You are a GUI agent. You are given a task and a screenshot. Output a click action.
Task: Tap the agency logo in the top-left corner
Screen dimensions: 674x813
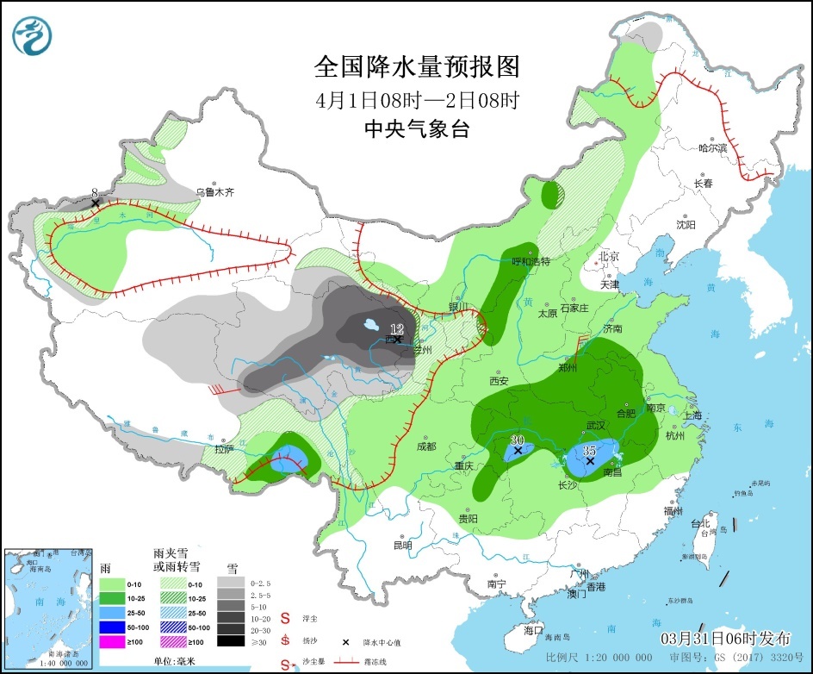coord(33,34)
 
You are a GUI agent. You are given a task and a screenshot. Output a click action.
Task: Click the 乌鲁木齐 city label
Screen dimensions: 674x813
coord(214,193)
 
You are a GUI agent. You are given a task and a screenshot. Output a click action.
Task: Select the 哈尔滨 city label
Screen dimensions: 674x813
coord(712,148)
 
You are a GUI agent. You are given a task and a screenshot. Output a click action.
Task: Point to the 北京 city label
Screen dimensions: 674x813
coord(610,256)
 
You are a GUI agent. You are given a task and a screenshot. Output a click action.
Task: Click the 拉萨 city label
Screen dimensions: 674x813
coord(224,449)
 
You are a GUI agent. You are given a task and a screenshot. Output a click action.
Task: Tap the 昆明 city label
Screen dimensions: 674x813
coord(402,545)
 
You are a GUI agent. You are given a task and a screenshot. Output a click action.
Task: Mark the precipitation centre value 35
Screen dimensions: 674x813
coord(590,450)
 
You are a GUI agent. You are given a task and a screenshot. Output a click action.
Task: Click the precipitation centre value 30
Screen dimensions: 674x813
coord(517,440)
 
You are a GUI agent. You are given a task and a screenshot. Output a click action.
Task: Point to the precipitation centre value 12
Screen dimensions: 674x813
coord(396,329)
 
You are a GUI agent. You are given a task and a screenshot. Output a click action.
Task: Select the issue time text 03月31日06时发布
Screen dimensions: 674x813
coord(725,639)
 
